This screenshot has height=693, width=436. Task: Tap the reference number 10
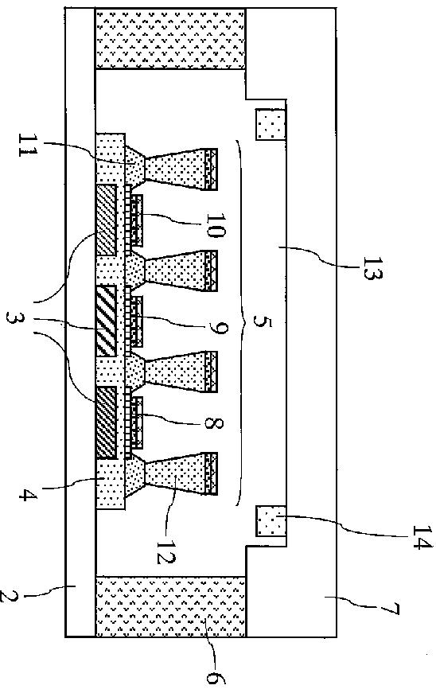point(216,225)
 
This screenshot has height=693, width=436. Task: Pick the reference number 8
point(213,423)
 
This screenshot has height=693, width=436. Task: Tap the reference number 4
point(27,494)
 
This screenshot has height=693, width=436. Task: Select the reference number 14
point(421,536)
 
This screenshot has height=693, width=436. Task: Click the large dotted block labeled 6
point(170,606)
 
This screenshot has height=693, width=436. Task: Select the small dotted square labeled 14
point(271,521)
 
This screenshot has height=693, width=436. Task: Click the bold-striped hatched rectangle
point(107,321)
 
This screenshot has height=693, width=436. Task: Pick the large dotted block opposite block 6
point(170,39)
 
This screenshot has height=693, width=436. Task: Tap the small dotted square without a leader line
point(271,124)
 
